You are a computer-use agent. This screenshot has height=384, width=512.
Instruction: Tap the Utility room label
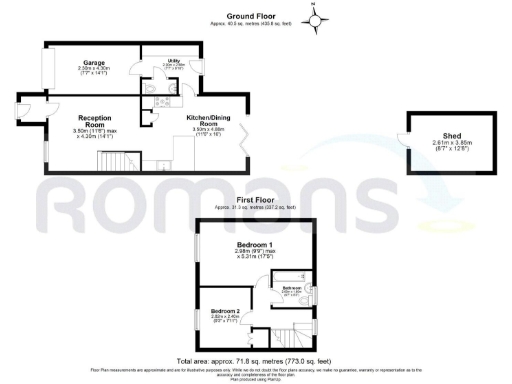172,60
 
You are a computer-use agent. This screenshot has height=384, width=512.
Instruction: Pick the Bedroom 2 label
224,312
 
